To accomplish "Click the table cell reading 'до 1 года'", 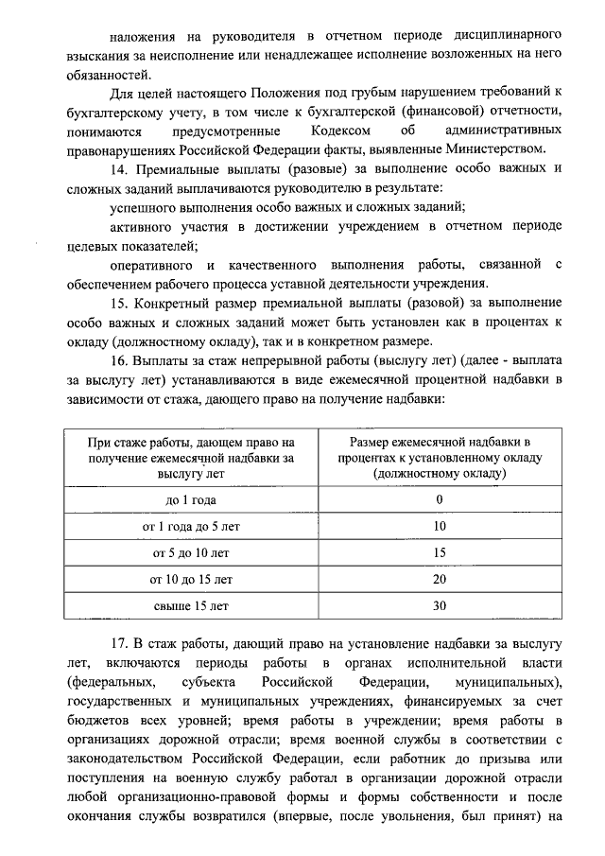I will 191,498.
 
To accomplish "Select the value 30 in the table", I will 439,604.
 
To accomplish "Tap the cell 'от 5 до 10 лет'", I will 191,551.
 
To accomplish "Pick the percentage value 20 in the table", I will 439,578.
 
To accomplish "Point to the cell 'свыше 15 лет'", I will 191,604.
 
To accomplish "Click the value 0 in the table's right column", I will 439,498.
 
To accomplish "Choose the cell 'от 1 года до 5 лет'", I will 191,525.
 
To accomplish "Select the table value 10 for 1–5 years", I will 439,525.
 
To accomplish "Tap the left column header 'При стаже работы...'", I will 191,457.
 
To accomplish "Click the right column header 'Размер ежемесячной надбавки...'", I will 439,457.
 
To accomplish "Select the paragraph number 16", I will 118,362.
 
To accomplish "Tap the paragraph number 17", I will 118,645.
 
